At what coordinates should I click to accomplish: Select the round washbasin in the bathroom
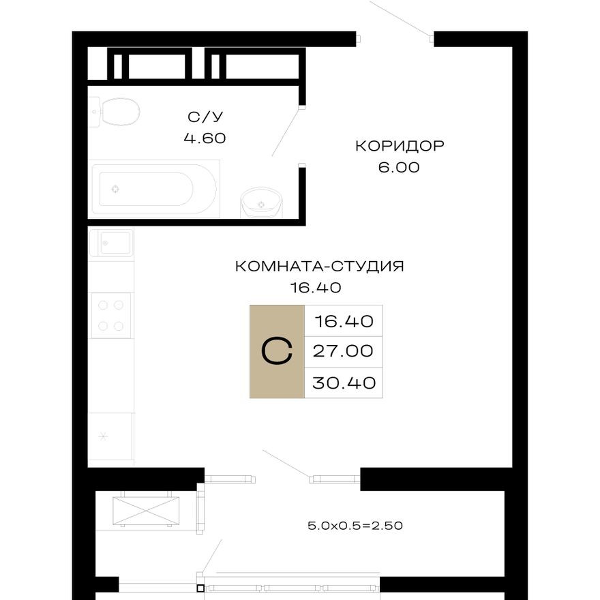pos(260,201)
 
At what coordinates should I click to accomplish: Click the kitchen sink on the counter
pos(112,243)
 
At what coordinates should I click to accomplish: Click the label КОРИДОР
pos(400,145)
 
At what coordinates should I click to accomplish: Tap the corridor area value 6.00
pos(400,167)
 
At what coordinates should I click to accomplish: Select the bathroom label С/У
pos(204,116)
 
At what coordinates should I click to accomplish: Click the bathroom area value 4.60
pos(204,138)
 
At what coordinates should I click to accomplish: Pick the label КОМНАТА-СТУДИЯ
pos(319,266)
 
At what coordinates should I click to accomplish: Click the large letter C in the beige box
pos(277,352)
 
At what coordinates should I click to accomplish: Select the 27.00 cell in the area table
pos(343,351)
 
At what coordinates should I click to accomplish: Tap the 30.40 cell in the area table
pos(343,382)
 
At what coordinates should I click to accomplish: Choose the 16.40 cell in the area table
pos(343,320)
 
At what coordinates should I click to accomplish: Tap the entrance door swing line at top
pos(401,18)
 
